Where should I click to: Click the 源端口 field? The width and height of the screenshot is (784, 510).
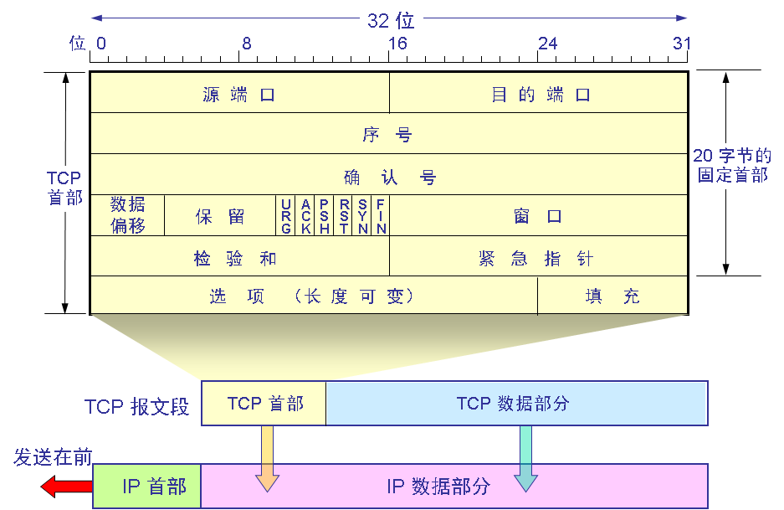pyautogui.click(x=239, y=94)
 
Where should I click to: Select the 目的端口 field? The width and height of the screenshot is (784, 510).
pyautogui.click(x=540, y=94)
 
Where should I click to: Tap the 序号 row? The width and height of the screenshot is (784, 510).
pyautogui.click(x=388, y=134)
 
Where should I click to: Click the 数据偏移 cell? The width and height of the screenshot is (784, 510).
pyautogui.click(x=127, y=215)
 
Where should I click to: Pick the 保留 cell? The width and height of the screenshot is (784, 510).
pyautogui.click(x=220, y=216)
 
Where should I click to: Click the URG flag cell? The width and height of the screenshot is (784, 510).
pyautogui.click(x=286, y=216)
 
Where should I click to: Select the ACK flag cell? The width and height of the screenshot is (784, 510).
pyautogui.click(x=305, y=216)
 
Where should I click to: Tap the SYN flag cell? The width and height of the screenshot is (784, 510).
pyautogui.click(x=362, y=216)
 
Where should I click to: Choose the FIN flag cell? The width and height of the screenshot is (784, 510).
pyautogui.click(x=381, y=216)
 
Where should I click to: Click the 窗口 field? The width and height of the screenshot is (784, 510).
pyautogui.click(x=538, y=216)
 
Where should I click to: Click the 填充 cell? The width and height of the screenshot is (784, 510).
pyautogui.click(x=612, y=296)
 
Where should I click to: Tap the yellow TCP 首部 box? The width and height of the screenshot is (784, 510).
pyautogui.click(x=264, y=403)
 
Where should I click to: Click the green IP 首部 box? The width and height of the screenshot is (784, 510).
pyautogui.click(x=147, y=486)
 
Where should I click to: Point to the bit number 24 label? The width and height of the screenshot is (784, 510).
pyautogui.click(x=547, y=44)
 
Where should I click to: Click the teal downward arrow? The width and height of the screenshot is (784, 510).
pyautogui.click(x=525, y=457)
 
